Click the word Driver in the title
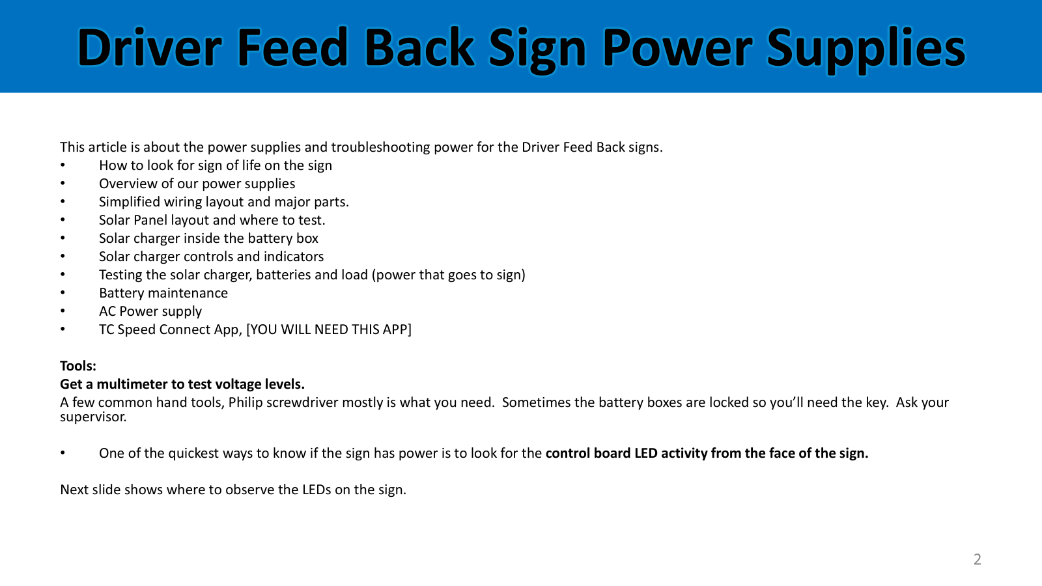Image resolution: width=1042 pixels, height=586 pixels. (149, 47)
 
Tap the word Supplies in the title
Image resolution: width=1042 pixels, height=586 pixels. (866, 49)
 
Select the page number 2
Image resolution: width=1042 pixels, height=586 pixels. (978, 559)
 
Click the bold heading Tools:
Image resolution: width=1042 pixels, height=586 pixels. (78, 366)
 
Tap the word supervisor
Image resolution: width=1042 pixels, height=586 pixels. (93, 417)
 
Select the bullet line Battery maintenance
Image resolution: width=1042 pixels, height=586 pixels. (163, 293)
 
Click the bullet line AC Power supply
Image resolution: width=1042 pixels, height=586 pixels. (150, 311)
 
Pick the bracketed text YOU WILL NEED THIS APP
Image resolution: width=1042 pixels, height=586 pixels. (329, 329)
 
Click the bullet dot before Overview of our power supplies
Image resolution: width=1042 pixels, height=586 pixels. (63, 183)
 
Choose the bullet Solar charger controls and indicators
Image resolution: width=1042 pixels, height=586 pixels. (211, 257)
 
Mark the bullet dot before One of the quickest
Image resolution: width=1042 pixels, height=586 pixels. (63, 453)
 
